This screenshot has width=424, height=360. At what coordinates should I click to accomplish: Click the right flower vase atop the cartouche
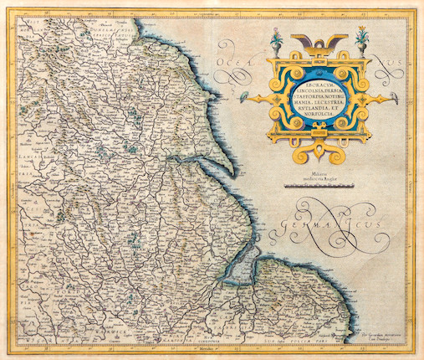coord(361,39)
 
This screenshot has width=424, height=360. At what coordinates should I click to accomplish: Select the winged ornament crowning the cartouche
coord(322,41)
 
